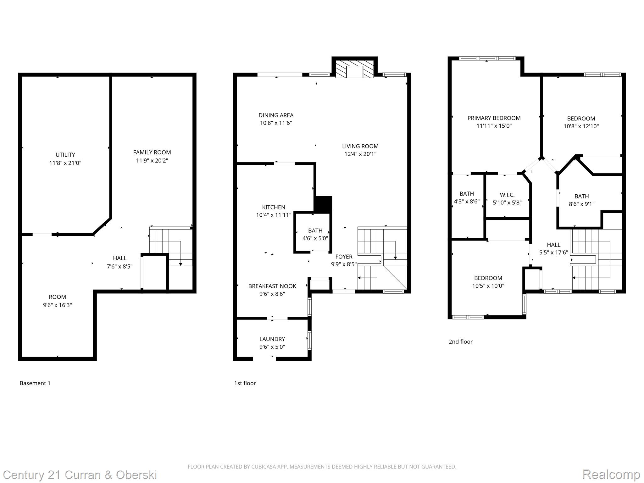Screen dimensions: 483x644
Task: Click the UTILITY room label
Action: pos(65,155)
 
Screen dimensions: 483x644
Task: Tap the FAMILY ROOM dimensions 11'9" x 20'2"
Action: pos(152,161)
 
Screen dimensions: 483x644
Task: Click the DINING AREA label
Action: pos(276,115)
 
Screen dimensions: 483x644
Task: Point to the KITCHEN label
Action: pos(274,207)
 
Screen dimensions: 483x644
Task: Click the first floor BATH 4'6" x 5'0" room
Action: pos(315,234)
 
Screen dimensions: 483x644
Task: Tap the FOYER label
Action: pos(344,257)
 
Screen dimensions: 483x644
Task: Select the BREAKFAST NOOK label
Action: pos(272,286)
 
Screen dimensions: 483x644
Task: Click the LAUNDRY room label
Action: pos(272,339)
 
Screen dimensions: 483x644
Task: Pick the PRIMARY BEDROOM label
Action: pos(494,118)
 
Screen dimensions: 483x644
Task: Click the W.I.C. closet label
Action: pos(507,195)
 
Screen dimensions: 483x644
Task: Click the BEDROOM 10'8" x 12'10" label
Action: pos(581,119)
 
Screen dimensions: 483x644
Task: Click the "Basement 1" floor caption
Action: pos(35,383)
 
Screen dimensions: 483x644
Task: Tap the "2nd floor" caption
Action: pos(460,341)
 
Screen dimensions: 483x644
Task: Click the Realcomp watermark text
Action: pos(611,474)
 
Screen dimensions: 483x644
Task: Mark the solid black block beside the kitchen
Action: pos(323,204)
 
